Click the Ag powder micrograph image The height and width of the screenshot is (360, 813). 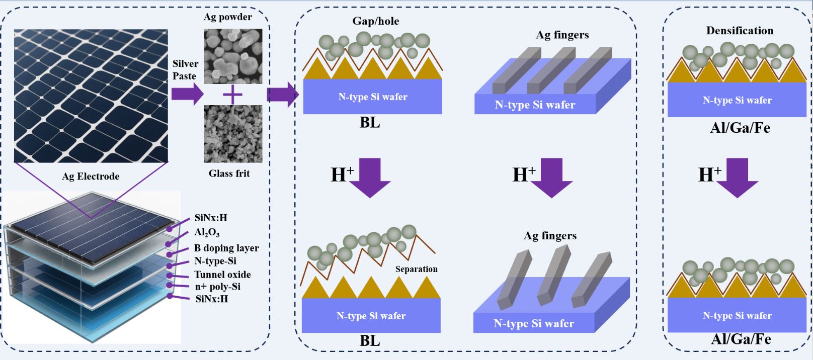click(232, 56)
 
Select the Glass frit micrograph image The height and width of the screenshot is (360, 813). click(232, 134)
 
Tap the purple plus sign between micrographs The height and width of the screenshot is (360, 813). click(232, 94)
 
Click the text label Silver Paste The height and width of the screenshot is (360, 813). click(185, 70)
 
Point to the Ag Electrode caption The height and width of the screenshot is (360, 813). click(91, 176)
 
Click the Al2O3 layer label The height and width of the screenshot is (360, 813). click(207, 233)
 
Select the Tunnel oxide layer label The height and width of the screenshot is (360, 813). click(222, 275)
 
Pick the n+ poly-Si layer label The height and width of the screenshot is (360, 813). click(217, 287)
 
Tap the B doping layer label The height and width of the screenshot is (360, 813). click(226, 248)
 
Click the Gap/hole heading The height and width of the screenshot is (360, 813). click(375, 21)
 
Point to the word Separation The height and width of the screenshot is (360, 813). click(416, 269)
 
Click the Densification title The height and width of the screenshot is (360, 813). click(740, 31)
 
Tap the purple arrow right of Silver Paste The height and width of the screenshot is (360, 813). click(187, 94)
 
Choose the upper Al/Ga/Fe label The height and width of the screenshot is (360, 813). click(740, 128)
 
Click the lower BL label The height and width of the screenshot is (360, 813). click(370, 341)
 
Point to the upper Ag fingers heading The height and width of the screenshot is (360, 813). click(562, 35)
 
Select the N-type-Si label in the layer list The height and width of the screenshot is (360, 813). click(215, 261)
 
